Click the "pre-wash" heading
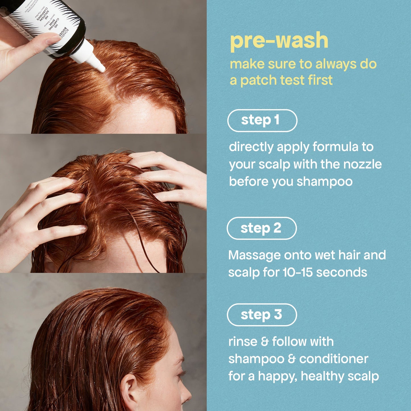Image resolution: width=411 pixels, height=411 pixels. [279, 41]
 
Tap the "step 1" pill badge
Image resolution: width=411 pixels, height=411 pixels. [262, 120]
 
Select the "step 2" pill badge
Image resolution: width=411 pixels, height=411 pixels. [262, 228]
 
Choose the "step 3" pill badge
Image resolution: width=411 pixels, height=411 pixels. [262, 315]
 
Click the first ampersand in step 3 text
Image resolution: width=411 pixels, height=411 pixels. [265, 342]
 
